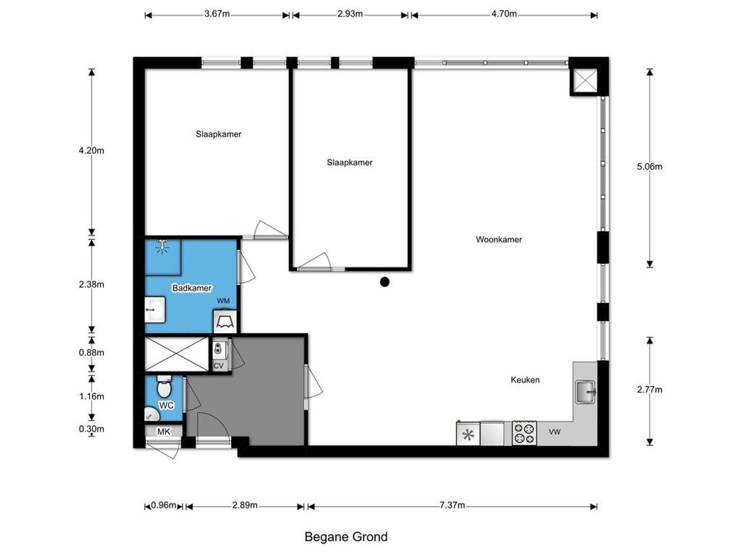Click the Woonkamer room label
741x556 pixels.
coord(498,239)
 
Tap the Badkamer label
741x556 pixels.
coord(192,288)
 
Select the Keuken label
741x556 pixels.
coord(524,380)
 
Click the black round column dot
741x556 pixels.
coord(384,282)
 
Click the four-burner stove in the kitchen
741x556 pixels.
coord(524,433)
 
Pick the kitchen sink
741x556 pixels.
coord(585,392)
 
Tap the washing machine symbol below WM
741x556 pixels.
coord(224,321)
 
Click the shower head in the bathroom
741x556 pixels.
coord(163,246)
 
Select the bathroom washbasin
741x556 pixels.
coord(155,309)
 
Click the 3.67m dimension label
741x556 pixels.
coord(217,14)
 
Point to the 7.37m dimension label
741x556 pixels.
coord(452,505)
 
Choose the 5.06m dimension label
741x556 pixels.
coord(649,166)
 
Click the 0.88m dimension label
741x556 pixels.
coord(92,353)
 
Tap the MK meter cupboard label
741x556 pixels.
coord(164,431)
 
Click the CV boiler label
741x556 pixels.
coord(218,366)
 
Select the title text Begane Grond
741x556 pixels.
coord(346,537)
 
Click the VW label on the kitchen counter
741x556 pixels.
coord(555,432)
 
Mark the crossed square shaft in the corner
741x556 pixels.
coord(584,80)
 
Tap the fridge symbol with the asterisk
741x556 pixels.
coord(468,434)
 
